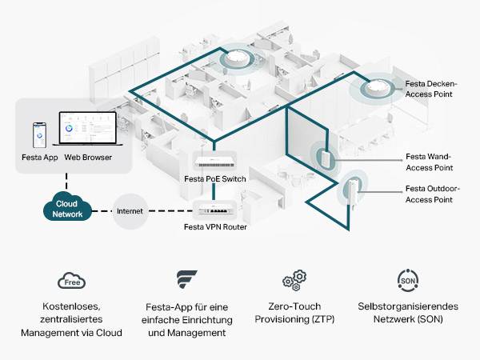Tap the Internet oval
[x=130, y=211]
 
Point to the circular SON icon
[x=406, y=281]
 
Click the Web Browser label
[x=88, y=158]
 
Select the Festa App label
[x=39, y=158]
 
